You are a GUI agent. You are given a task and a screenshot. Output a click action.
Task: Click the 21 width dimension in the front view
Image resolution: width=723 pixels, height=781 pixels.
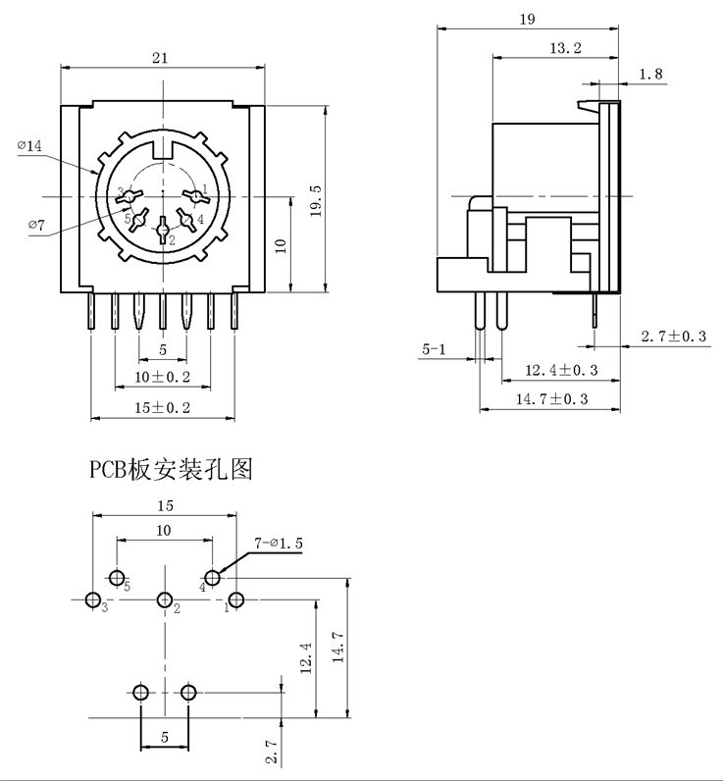160,58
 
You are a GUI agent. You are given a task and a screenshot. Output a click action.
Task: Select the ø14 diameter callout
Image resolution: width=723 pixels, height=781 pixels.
29,146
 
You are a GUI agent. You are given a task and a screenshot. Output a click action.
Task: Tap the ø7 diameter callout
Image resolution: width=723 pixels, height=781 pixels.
36,226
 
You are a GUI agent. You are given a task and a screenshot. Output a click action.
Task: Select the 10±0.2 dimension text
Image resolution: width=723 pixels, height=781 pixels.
163,377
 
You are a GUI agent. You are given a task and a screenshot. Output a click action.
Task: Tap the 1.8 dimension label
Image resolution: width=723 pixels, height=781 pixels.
651,75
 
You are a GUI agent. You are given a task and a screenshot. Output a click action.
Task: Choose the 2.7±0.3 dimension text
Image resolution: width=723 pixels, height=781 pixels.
674,337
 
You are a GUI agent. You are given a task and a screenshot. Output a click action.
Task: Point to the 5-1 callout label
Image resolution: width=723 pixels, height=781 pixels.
433,349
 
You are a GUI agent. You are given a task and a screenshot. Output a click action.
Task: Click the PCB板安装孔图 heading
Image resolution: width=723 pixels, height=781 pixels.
172,471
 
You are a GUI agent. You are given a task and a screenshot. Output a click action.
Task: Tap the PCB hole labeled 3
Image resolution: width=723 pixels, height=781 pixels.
93,599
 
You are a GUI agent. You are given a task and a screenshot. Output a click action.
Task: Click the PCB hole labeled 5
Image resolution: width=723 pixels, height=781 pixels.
117,577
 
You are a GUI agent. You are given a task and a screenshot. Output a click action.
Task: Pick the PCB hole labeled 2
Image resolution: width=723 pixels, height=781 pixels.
165,599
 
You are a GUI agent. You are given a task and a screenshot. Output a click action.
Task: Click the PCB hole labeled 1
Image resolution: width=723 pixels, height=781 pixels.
236,599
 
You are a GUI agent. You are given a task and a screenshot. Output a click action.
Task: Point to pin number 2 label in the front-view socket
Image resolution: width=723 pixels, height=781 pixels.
172,239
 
